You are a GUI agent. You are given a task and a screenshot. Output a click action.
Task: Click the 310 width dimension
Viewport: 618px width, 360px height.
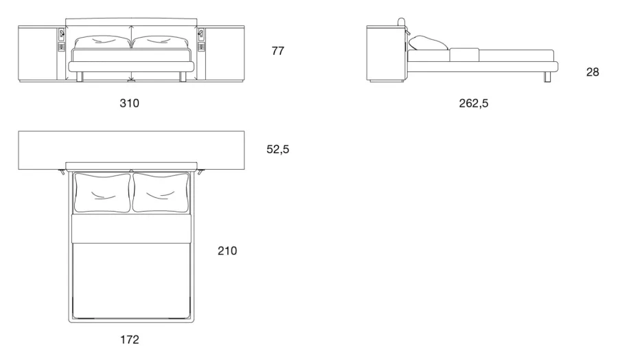[129, 103]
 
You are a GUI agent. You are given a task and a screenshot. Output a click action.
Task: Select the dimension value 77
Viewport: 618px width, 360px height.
[278, 51]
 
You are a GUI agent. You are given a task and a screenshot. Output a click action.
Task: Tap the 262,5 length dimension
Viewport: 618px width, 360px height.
[473, 103]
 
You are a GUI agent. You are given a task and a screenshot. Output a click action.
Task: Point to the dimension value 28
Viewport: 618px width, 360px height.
[593, 72]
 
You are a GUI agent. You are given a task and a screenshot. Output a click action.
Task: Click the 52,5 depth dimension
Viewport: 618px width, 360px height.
[278, 150]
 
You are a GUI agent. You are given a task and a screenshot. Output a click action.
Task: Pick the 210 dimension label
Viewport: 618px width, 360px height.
[227, 251]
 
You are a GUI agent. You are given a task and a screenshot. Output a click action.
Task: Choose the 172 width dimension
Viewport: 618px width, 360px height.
[130, 339]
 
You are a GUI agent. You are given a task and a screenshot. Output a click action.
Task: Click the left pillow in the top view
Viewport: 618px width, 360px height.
[102, 192]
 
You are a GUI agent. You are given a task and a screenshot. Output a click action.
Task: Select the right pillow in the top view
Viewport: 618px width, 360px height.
[161, 192]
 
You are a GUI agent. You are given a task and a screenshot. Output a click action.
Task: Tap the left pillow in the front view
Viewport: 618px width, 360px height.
[102, 43]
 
